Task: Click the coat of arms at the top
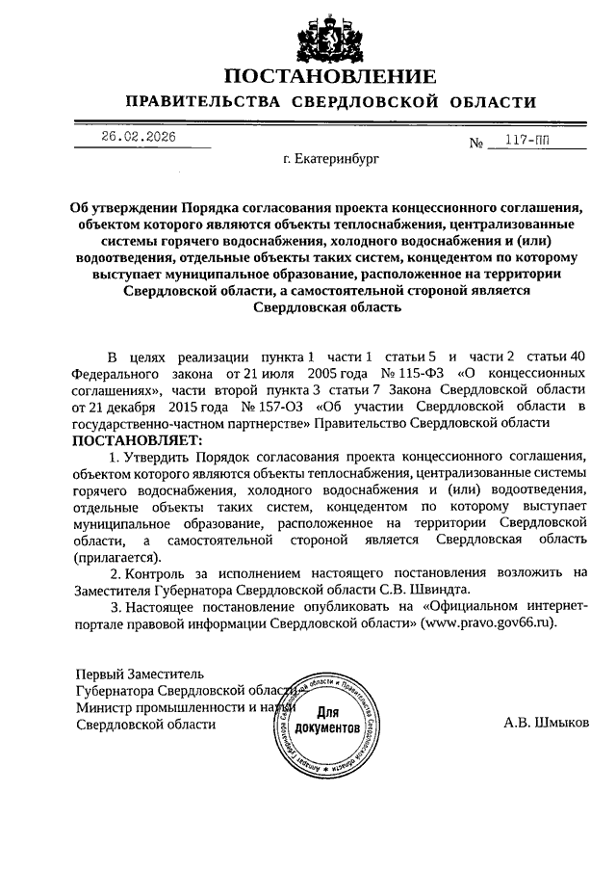330,38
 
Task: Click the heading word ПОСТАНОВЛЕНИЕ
330,76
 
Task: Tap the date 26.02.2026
139,137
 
